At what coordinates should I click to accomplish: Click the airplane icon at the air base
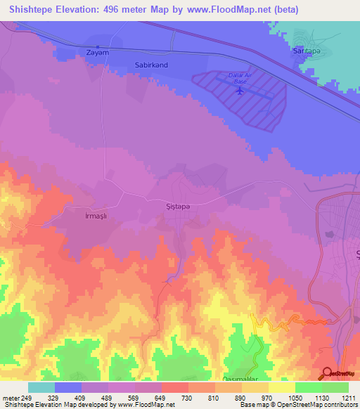pyautogui.click(x=241, y=89)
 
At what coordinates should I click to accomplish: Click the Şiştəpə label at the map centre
pyautogui.click(x=177, y=200)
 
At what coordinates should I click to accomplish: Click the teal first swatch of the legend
pyautogui.click(x=41, y=387)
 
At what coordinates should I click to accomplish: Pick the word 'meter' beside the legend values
pyautogui.click(x=9, y=398)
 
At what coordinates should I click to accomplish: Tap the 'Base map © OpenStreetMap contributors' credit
pyautogui.click(x=298, y=405)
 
